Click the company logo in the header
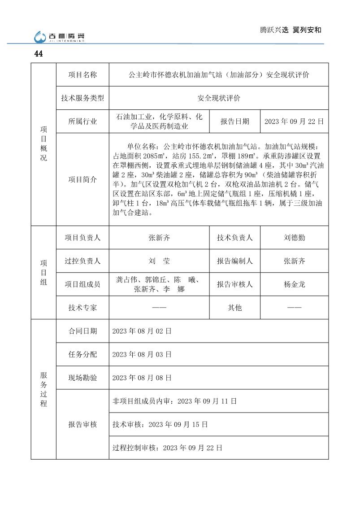pyautogui.click(x=60, y=36)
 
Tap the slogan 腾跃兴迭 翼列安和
pyautogui.click(x=291, y=30)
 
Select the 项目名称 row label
pyautogui.click(x=82, y=75)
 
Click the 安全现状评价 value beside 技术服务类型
pyautogui.click(x=219, y=98)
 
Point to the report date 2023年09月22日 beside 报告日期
pyautogui.click(x=294, y=122)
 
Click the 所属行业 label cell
pyautogui.click(x=82, y=122)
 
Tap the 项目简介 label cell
pyautogui.click(x=82, y=179)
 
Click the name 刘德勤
pyautogui.click(x=294, y=238)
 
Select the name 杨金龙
pyautogui.click(x=294, y=284)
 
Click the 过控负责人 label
pyautogui.click(x=82, y=261)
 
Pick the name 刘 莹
pyautogui.click(x=159, y=261)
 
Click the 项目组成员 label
pyautogui.click(x=82, y=284)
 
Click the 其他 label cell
pyautogui.click(x=235, y=308)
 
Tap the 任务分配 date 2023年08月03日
pyautogui.click(x=142, y=354)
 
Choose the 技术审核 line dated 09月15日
pyautogui.click(x=160, y=424)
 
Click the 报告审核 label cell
pyautogui.click(x=82, y=424)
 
